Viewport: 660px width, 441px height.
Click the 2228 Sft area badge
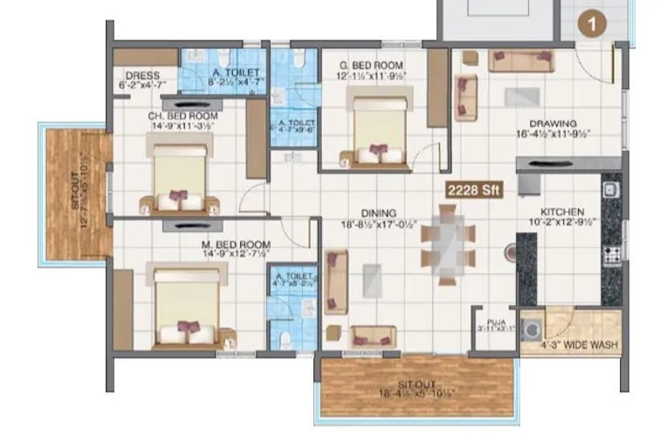coord(473,189)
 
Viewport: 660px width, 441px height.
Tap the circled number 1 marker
coord(594,24)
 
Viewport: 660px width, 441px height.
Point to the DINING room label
coord(377,213)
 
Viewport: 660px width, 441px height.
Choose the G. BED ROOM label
coord(371,65)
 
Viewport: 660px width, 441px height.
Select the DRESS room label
coord(142,76)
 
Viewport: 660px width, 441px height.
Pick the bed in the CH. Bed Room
coord(181,178)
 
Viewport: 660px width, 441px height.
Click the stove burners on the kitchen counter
coord(611,254)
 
